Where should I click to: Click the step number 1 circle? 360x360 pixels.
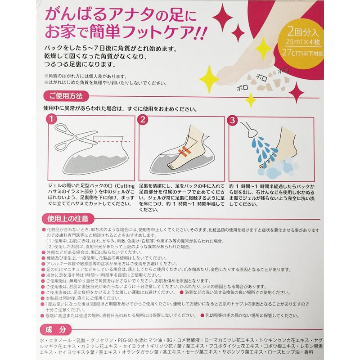click(x=52, y=120)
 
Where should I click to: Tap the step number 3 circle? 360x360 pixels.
click(x=232, y=120)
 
